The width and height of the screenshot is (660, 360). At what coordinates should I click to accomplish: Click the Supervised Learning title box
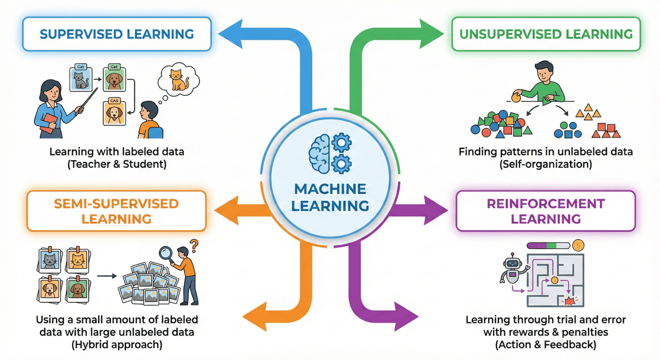click(117, 34)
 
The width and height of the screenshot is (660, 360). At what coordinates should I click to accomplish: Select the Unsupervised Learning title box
click(546, 34)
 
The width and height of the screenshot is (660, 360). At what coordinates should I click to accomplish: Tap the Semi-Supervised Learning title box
click(116, 211)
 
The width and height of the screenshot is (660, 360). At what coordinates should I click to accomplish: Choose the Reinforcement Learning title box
click(545, 211)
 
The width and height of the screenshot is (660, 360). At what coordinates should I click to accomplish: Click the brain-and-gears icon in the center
click(330, 153)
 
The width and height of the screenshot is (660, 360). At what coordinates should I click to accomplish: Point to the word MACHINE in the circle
click(330, 189)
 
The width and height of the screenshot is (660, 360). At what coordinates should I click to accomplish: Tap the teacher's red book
click(49, 122)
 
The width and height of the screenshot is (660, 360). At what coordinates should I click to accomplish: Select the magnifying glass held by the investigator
click(166, 252)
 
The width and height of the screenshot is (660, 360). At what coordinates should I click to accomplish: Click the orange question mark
click(194, 246)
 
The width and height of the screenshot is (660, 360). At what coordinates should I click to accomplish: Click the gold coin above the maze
click(578, 246)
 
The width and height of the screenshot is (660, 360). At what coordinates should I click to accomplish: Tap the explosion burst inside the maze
click(570, 301)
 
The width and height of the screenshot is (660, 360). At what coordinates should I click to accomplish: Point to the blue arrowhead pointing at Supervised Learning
click(231, 34)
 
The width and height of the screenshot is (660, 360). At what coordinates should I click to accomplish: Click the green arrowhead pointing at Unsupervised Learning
click(431, 34)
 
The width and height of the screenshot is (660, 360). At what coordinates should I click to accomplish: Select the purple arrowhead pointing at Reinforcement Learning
click(435, 210)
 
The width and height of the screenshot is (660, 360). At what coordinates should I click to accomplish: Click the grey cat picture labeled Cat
click(81, 79)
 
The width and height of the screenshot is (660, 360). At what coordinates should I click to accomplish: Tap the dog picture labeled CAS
click(114, 113)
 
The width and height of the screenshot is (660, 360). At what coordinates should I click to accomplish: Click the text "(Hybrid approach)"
click(117, 345)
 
